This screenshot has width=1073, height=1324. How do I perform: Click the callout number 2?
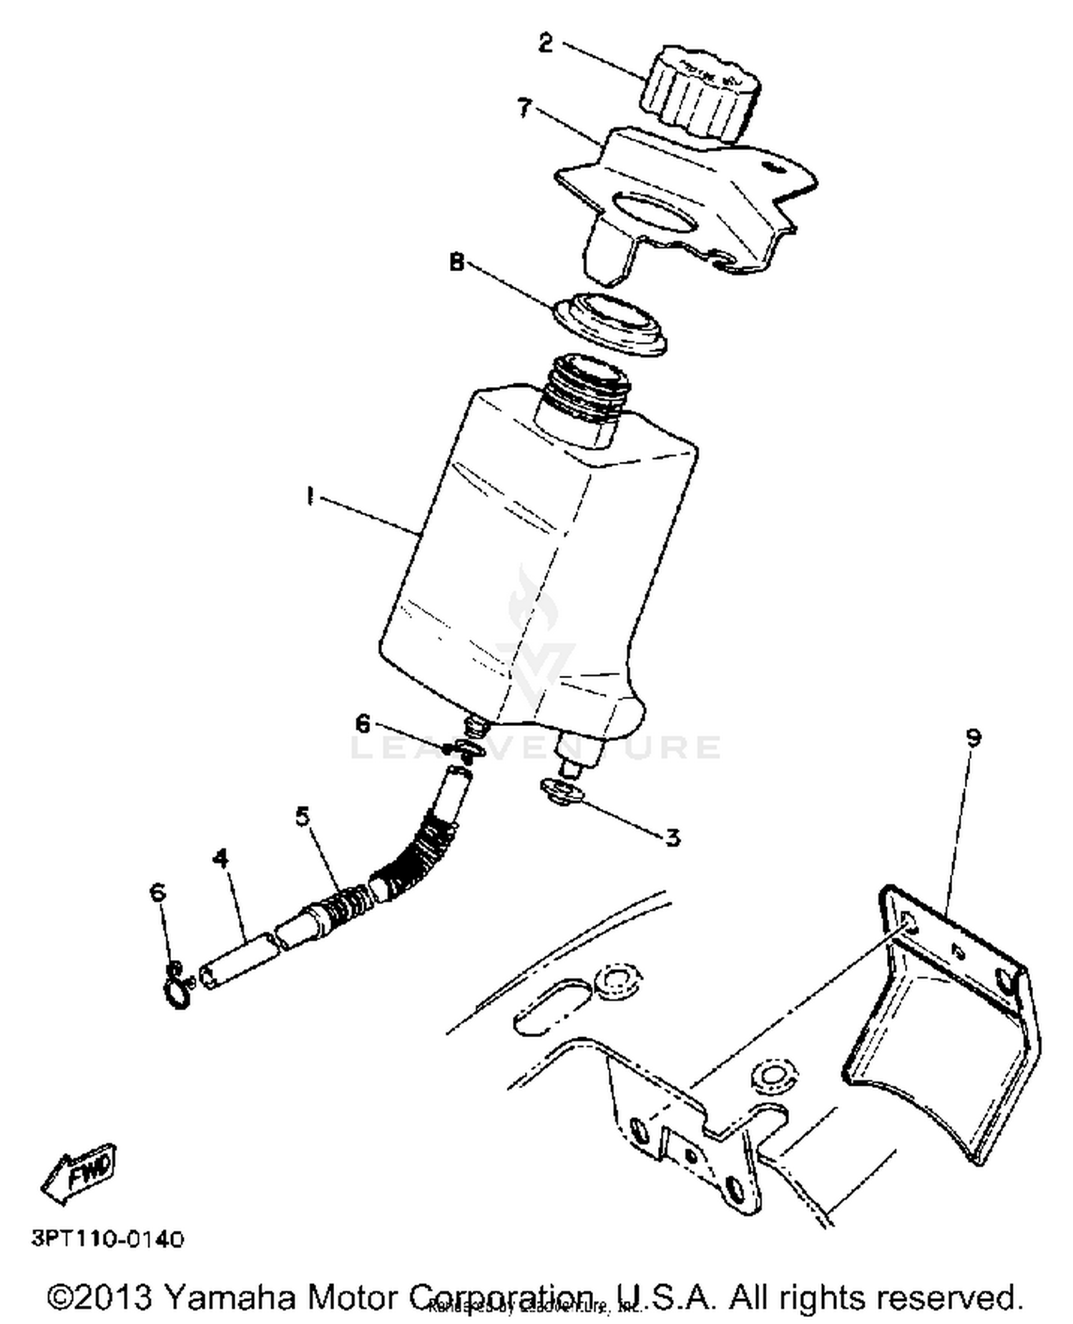(545, 44)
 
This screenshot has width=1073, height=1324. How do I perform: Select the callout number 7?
(524, 108)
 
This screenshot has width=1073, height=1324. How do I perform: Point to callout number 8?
(456, 263)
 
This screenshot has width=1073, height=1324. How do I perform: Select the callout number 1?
(310, 496)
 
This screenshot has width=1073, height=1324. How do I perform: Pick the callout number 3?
(672, 836)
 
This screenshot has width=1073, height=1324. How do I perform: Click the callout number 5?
(303, 815)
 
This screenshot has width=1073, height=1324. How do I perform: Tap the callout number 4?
(221, 858)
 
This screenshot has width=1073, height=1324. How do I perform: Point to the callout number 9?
(974, 737)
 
